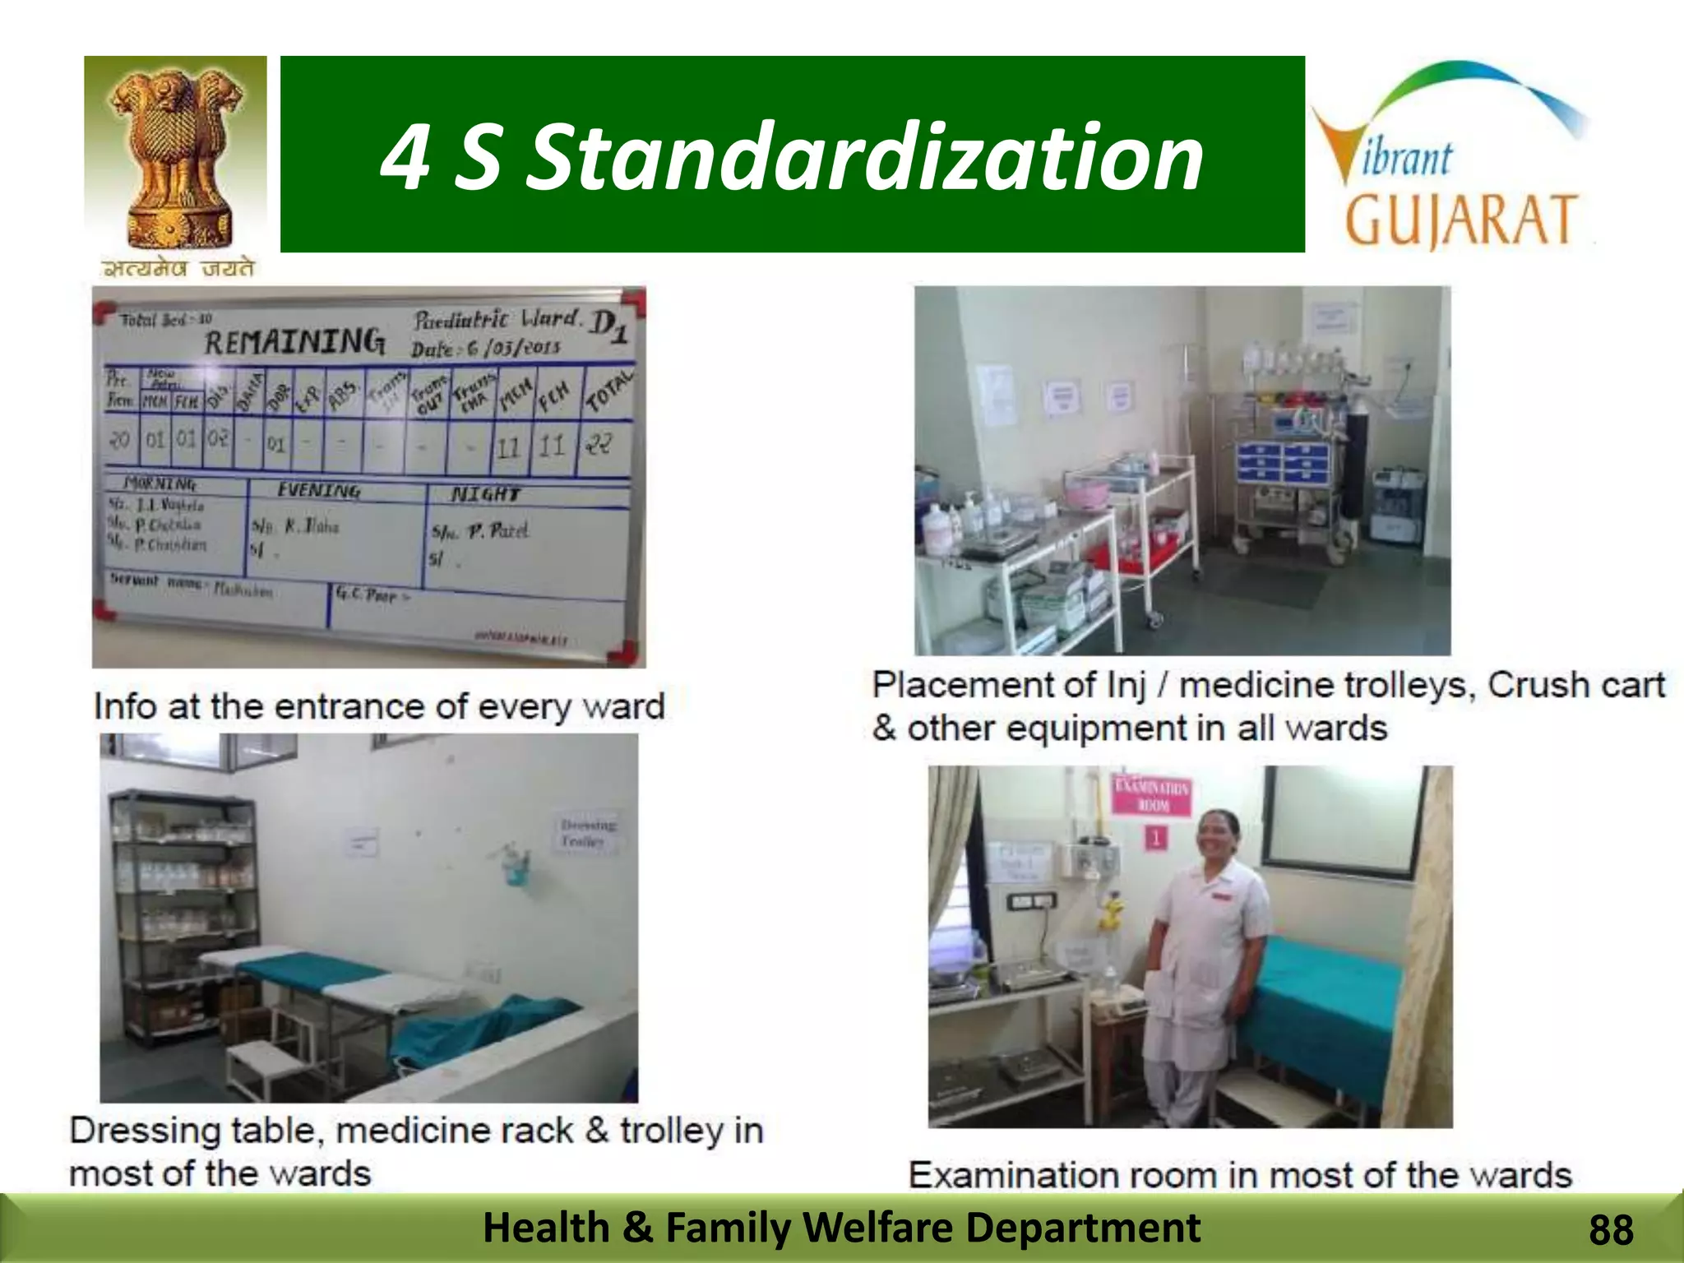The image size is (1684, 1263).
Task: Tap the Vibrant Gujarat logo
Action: (x=1451, y=156)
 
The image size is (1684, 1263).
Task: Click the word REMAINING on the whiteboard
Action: (x=294, y=340)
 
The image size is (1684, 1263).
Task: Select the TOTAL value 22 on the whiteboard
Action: (x=599, y=445)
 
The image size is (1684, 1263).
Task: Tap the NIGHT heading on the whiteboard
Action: (x=485, y=493)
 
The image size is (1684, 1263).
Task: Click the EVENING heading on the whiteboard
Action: (x=318, y=490)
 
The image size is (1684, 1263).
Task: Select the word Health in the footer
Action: (x=545, y=1228)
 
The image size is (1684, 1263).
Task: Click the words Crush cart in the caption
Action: (x=1576, y=685)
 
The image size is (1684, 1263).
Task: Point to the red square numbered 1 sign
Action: (x=1156, y=838)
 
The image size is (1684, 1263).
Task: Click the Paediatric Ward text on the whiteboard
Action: (x=497, y=319)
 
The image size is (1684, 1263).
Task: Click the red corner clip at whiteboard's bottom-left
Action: (x=104, y=609)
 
